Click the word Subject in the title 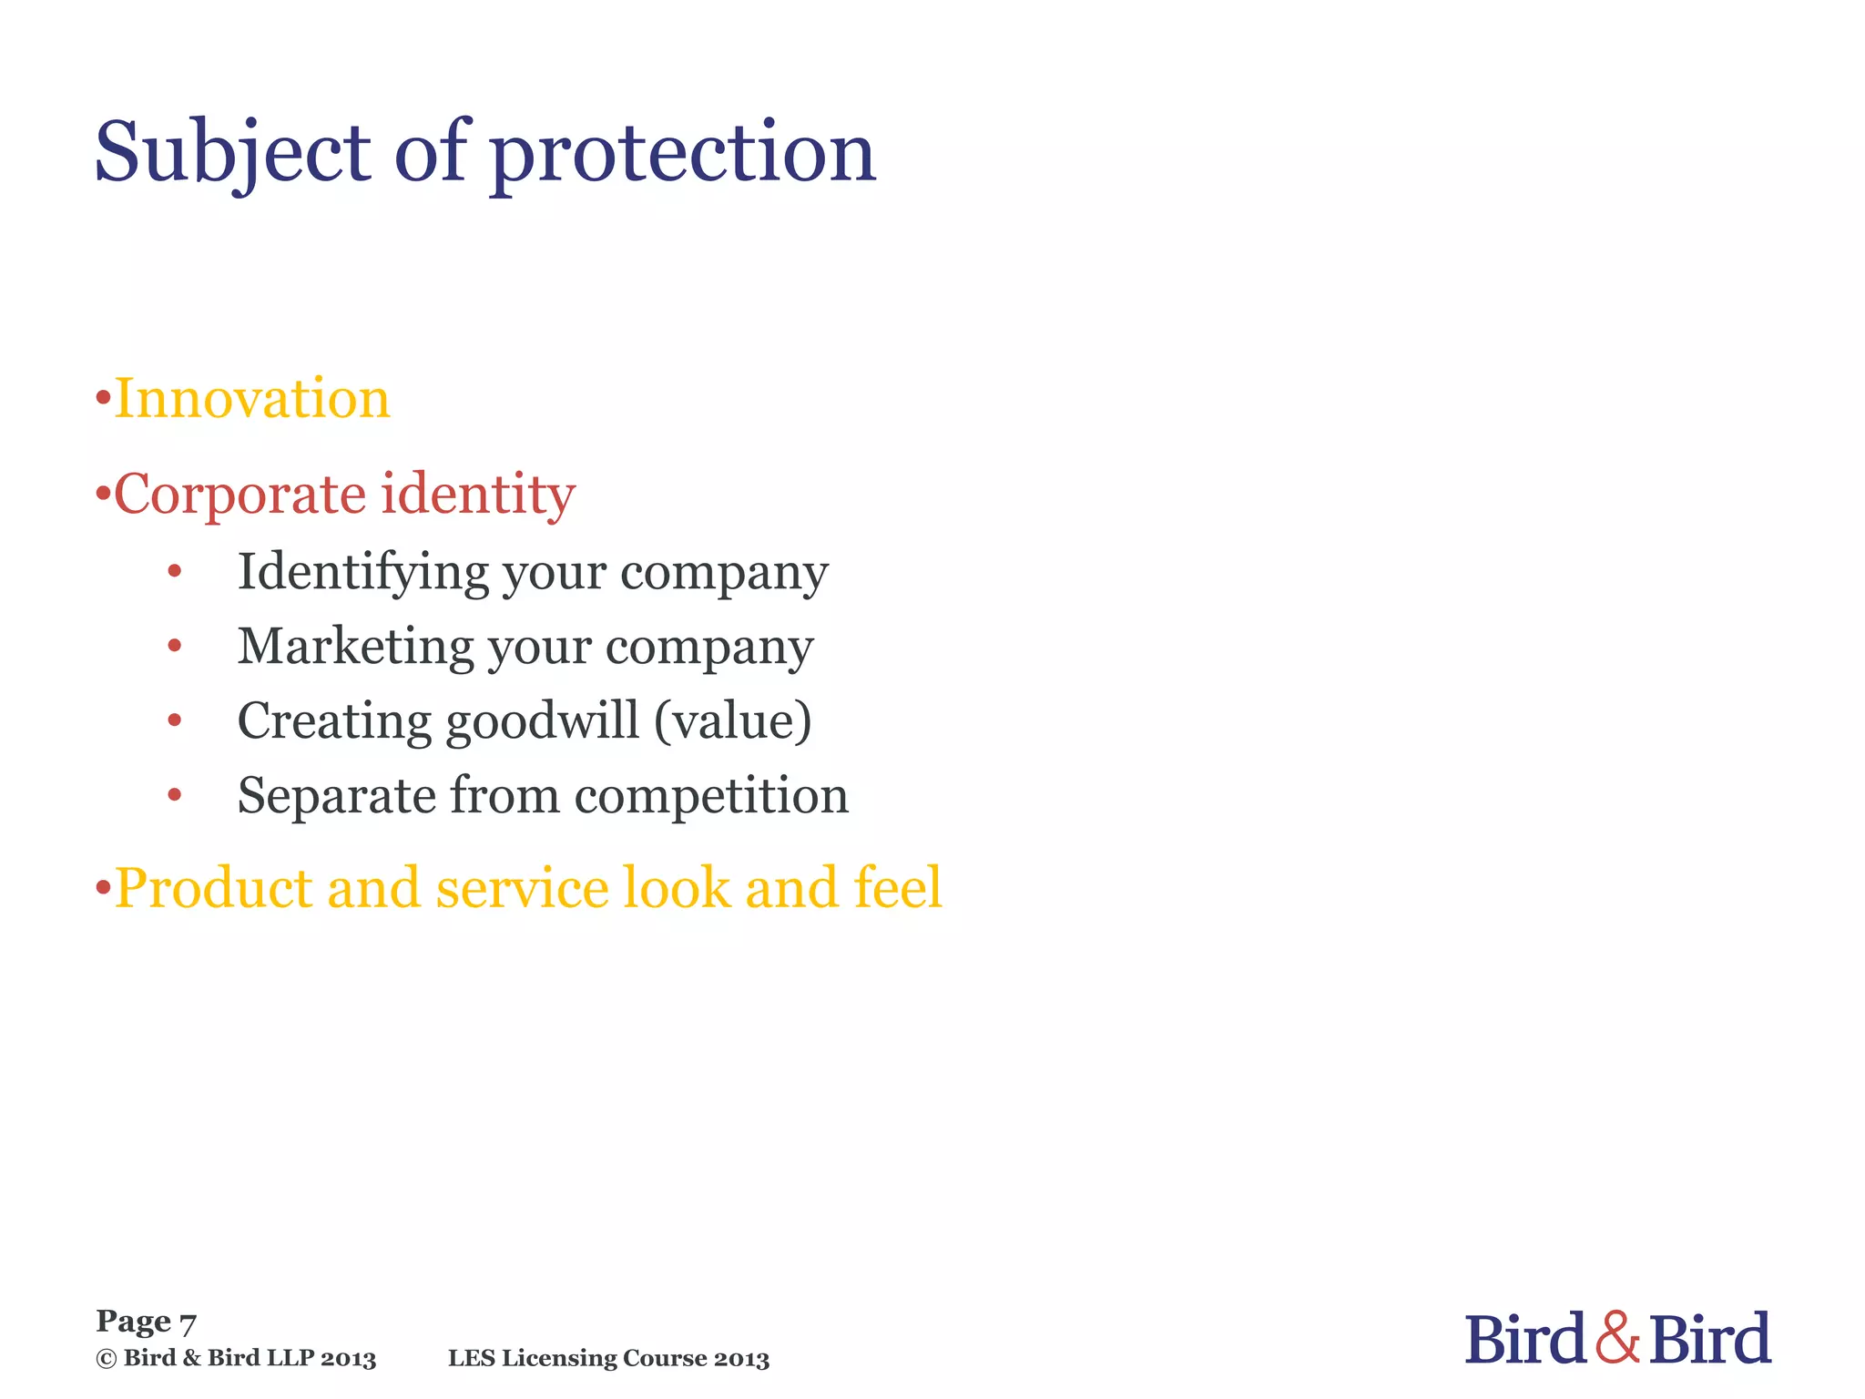point(232,153)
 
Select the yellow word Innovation point(252,399)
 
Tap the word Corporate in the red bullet point(239,495)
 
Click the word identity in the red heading point(478,495)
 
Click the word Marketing point(355,648)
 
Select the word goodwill point(542,721)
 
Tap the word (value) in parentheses point(733,721)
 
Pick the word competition point(711,796)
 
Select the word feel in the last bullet point(897,888)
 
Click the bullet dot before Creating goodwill point(175,721)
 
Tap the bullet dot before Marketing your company point(175,647)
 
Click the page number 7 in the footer point(188,1323)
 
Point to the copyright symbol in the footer point(106,1359)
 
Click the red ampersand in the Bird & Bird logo point(1617,1338)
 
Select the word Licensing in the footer point(559,1359)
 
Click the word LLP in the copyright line point(291,1359)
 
